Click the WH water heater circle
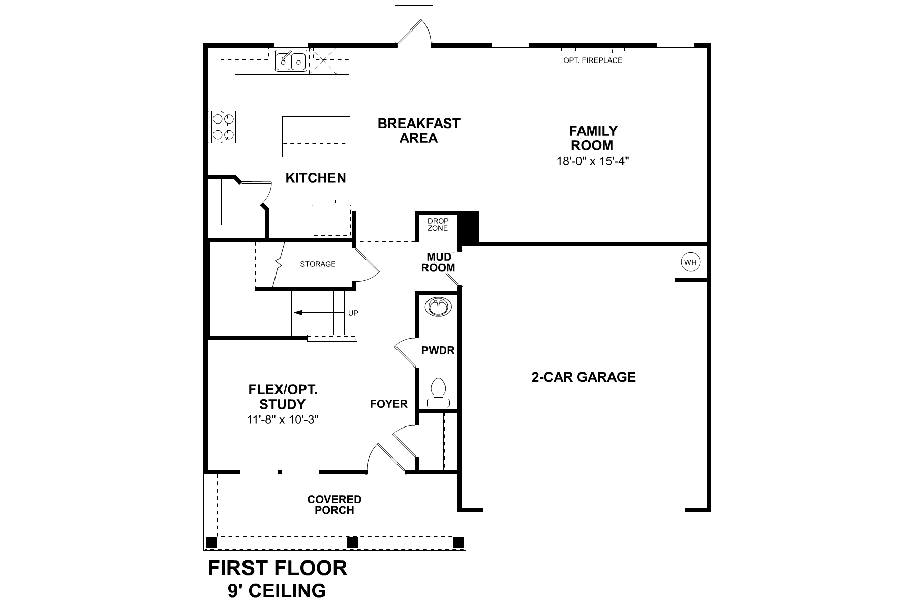pos(690,262)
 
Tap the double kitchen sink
pos(291,61)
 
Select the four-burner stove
pos(223,127)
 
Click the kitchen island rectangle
pos(316,137)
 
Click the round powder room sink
pos(438,307)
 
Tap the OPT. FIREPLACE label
pos(593,60)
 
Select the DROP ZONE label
pos(438,225)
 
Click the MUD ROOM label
pos(438,262)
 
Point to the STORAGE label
pos(318,264)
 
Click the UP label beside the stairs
pos(353,313)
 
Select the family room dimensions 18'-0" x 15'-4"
pos(593,161)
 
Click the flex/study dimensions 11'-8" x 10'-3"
pos(283,420)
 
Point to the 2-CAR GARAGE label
pos(584,377)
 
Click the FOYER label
pos(389,404)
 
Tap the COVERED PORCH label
pos(334,505)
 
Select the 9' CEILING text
pos(277,591)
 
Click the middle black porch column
pos(353,542)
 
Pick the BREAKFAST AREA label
pos(419,131)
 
